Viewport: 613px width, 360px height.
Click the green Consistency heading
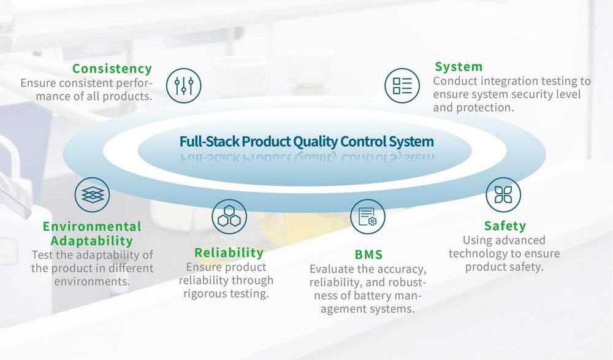coord(112,69)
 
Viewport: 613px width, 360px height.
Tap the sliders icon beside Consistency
coord(184,86)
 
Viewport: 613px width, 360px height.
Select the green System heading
coord(459,67)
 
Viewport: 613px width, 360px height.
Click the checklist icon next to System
coord(402,86)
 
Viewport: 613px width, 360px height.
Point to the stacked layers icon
coord(93,195)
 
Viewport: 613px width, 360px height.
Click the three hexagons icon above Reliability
coord(229,216)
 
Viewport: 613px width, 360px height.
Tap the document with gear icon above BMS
coord(367,216)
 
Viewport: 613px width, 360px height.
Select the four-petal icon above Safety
coord(503,195)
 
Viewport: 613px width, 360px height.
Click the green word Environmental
coord(92,226)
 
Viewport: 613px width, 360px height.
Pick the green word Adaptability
coord(92,241)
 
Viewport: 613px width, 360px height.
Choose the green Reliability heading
coord(229,253)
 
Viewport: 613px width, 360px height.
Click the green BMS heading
coord(368,255)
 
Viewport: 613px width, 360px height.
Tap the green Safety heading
coord(504,226)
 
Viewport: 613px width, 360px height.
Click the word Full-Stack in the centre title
coord(210,141)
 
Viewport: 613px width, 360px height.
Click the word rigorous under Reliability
coord(203,294)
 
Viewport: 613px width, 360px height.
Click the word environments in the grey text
coord(92,281)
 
